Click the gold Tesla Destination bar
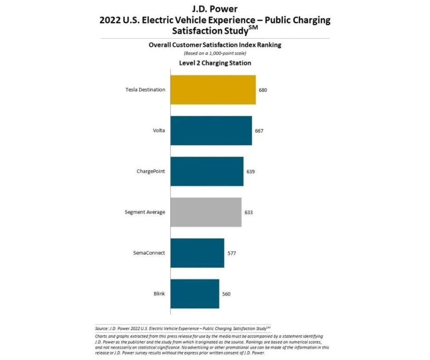click(213, 90)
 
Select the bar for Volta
click(211, 130)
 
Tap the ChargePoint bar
click(207, 171)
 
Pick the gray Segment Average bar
click(206, 212)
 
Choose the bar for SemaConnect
click(197, 253)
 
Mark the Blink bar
click(195, 294)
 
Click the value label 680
click(263, 90)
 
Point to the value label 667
click(259, 131)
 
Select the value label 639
click(250, 172)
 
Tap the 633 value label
click(249, 213)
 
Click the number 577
click(232, 253)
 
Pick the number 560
click(226, 294)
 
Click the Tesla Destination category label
click(145, 90)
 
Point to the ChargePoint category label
click(151, 171)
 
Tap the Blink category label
click(159, 294)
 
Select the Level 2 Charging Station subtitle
click(215, 63)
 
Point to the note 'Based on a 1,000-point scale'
click(215, 54)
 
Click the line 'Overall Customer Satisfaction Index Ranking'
click(215, 45)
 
